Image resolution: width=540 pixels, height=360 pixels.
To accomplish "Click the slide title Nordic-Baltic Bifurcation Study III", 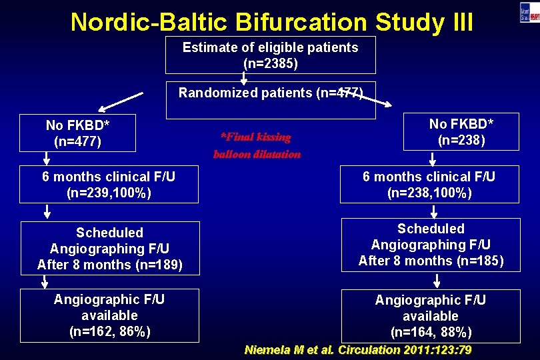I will pos(272,21).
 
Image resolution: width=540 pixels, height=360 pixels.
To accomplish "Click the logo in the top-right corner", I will pos(529,12).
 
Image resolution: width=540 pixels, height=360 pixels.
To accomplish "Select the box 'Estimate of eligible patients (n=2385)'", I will pos(270,55).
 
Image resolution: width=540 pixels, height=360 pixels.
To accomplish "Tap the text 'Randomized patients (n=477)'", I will pos(270,93).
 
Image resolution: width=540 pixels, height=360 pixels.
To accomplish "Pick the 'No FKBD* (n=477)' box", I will pos(78,133).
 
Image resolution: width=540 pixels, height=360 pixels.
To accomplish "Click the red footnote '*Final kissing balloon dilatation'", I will pos(257,145).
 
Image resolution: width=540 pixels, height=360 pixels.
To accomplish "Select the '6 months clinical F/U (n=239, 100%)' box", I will pos(109,185).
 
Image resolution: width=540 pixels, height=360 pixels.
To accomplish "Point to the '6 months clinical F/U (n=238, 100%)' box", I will pos(429,185).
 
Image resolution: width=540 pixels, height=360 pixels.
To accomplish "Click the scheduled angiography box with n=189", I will pos(109,248).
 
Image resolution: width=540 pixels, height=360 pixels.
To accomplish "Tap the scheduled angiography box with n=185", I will pos(430,245).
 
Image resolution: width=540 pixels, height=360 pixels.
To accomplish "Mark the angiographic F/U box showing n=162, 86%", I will pos(109,315).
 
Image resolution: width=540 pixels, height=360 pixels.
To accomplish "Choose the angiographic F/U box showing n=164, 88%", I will pos(430,316).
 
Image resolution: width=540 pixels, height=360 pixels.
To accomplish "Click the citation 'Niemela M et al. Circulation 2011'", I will pos(358,350).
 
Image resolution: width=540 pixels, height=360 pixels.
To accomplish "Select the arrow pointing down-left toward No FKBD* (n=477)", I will pos(121,102).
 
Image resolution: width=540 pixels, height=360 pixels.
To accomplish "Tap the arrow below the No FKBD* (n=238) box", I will pos(433,159).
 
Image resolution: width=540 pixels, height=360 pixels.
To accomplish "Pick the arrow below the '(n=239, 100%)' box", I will pos(47,212).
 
